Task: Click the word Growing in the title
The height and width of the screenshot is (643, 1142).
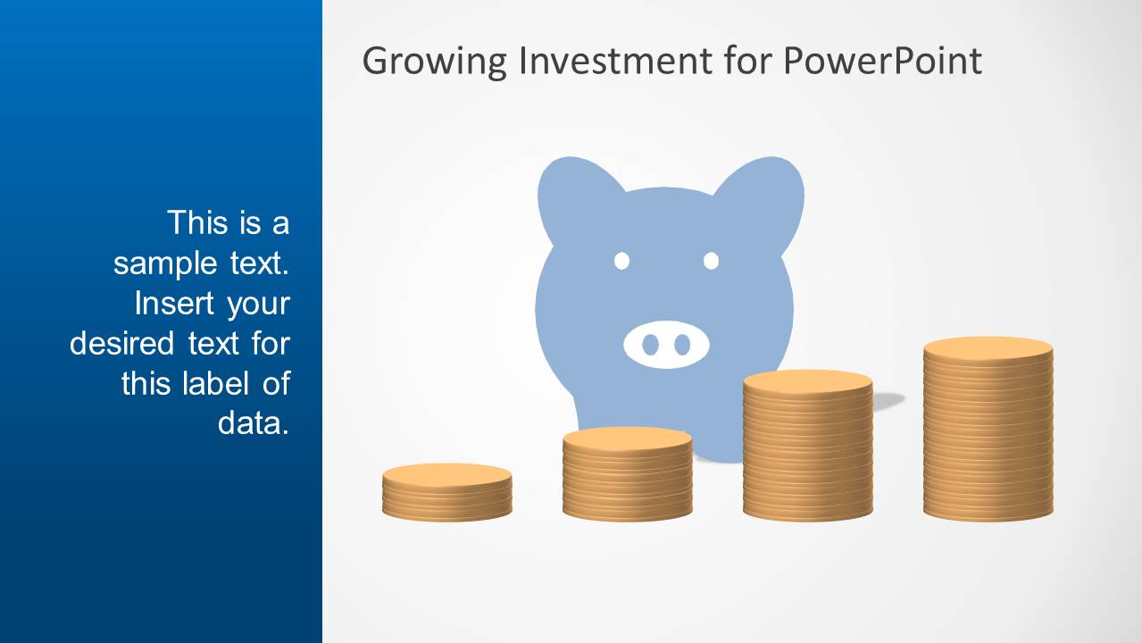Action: click(x=434, y=62)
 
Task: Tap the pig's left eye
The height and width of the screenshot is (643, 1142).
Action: click(x=622, y=261)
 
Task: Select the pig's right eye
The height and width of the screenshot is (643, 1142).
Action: click(x=712, y=261)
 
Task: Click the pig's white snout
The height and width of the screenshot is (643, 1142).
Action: click(x=666, y=345)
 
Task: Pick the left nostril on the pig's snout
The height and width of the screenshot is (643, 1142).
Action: click(x=650, y=345)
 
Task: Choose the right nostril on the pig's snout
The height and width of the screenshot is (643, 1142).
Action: click(x=682, y=345)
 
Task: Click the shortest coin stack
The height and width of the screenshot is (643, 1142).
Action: click(x=447, y=492)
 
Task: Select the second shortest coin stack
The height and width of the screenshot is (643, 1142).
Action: click(x=628, y=473)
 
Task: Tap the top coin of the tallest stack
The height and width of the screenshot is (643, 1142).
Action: click(x=988, y=349)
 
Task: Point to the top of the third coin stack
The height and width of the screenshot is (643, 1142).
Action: click(x=807, y=382)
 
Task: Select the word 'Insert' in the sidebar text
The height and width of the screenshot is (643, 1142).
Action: click(x=174, y=304)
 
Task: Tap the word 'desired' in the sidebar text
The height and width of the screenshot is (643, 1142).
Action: click(x=121, y=343)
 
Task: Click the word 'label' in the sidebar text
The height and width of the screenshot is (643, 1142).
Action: click(x=216, y=383)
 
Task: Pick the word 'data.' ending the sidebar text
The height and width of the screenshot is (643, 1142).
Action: click(x=254, y=423)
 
